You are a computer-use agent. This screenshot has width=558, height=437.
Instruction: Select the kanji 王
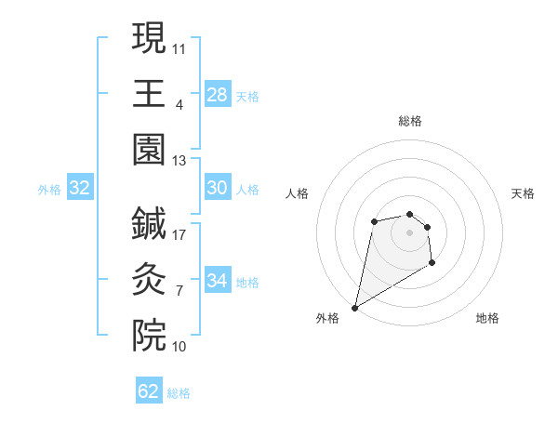click(149, 93)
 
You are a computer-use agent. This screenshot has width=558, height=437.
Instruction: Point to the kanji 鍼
click(149, 223)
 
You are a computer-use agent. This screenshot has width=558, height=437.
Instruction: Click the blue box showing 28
click(217, 94)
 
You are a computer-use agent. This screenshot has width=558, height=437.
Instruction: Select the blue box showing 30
click(217, 188)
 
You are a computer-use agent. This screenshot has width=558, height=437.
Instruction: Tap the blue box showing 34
click(217, 280)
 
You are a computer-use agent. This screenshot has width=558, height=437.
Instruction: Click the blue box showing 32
click(80, 188)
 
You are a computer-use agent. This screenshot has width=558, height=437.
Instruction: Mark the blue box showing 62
click(149, 391)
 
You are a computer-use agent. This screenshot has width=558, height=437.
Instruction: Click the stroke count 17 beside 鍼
click(179, 234)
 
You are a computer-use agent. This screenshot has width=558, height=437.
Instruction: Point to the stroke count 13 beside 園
click(179, 160)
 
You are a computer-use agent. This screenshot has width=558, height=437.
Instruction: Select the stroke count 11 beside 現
click(179, 46)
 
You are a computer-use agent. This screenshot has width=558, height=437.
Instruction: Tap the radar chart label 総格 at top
click(409, 121)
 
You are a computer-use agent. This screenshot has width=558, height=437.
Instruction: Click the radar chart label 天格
click(524, 193)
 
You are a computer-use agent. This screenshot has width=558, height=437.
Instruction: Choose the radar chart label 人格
click(297, 193)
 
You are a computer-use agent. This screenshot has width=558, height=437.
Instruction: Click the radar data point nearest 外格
click(354, 307)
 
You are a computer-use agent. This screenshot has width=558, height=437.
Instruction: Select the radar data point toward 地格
click(432, 264)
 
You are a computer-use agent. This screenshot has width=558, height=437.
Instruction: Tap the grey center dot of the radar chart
click(409, 232)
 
